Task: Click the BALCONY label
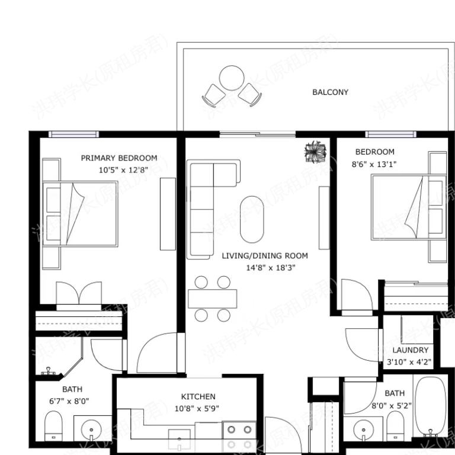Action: click(330, 92)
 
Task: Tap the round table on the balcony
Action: click(231, 78)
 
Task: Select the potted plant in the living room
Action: click(315, 152)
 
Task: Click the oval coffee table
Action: click(252, 219)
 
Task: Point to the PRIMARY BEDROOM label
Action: click(119, 158)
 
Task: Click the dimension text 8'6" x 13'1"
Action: click(374, 164)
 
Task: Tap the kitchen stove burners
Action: click(239, 437)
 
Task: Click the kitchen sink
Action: click(178, 440)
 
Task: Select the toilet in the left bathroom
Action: click(53, 425)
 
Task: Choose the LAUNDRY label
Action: click(410, 350)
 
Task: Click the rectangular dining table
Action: click(213, 298)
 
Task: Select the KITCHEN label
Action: click(198, 396)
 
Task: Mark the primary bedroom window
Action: click(74, 134)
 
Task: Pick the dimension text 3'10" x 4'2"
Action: click(409, 361)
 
